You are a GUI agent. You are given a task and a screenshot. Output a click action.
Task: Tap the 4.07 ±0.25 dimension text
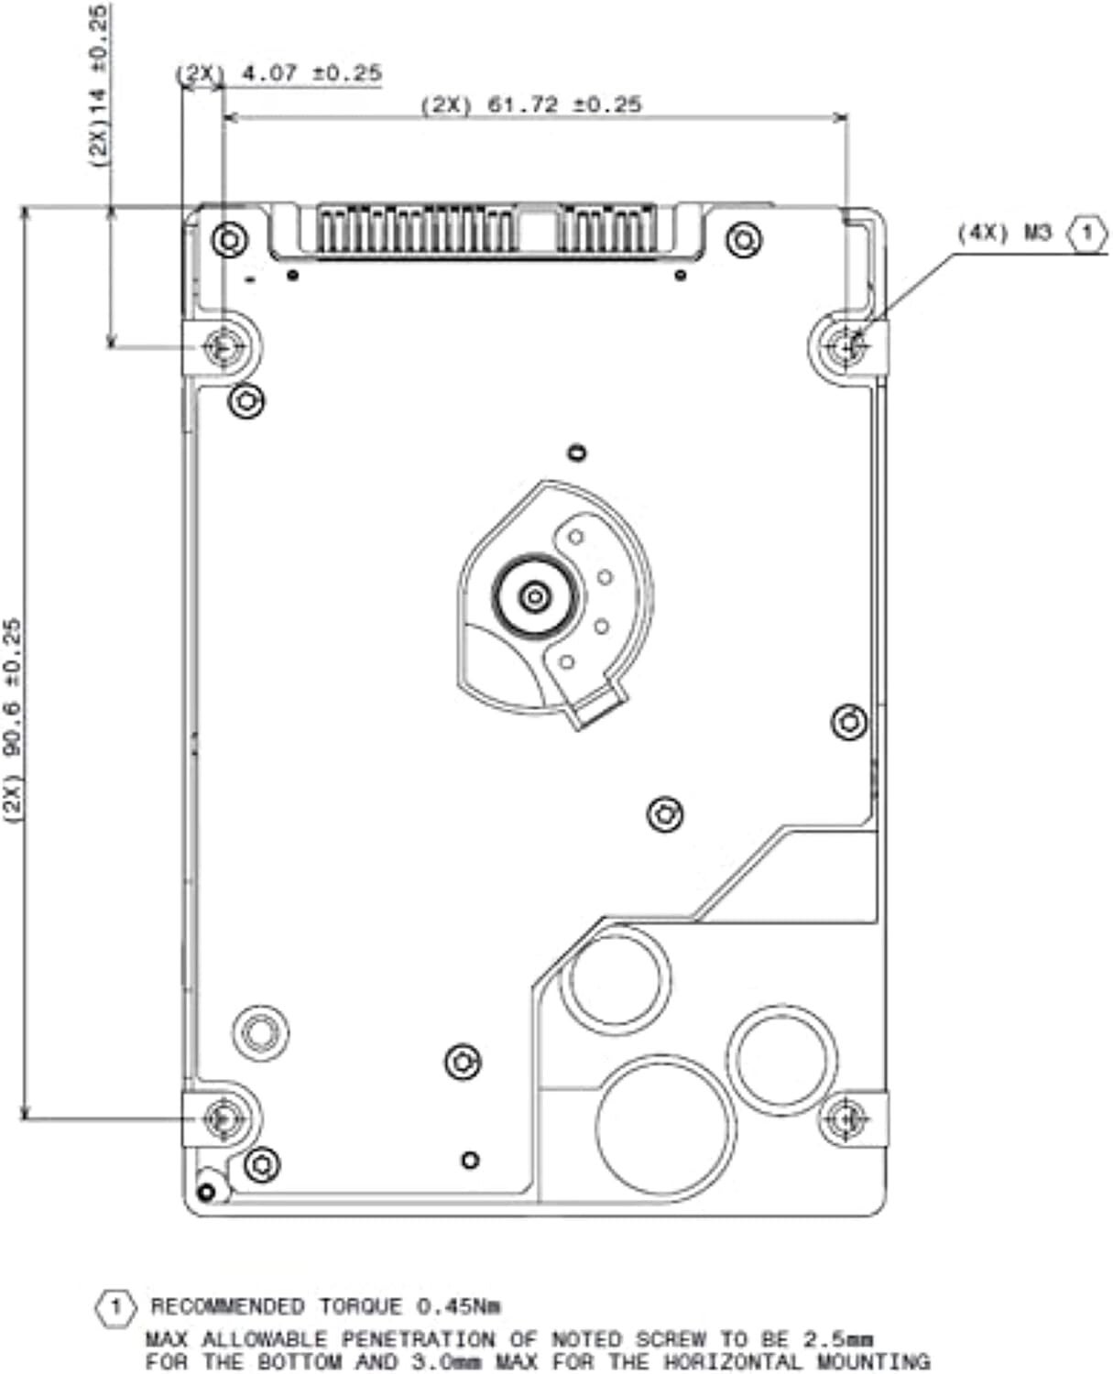[311, 72]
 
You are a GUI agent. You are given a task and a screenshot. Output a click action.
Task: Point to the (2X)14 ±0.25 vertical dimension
[99, 86]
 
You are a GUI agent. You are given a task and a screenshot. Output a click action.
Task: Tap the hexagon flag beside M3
[1087, 233]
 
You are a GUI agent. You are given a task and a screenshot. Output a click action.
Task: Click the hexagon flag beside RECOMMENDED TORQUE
[116, 1307]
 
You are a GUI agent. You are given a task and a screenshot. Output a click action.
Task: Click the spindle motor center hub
[535, 596]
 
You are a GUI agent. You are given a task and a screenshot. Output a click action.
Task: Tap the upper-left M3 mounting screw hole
[223, 348]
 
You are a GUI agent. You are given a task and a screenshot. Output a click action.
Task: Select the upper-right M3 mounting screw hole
[848, 348]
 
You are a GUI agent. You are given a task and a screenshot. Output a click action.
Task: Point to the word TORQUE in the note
[360, 1307]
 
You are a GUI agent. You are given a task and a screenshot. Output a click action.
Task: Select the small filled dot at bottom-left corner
[206, 1192]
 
